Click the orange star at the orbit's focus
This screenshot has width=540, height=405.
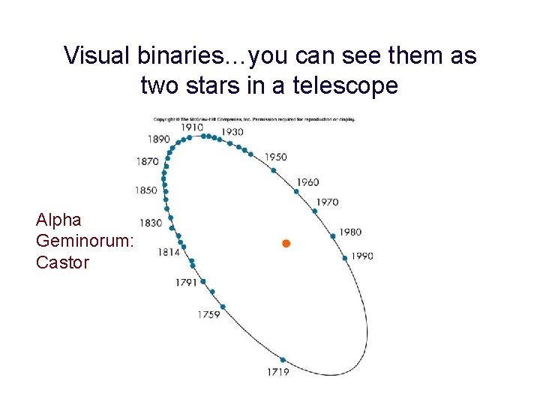(286, 243)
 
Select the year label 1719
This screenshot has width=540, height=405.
(277, 372)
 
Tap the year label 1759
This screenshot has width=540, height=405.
(208, 314)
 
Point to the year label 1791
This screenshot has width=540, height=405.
(186, 283)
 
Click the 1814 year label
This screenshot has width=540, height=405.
(169, 253)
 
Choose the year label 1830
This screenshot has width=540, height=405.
(150, 223)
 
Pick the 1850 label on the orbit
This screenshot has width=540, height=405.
(145, 190)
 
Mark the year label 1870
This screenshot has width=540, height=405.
(147, 161)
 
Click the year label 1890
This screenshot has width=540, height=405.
(158, 139)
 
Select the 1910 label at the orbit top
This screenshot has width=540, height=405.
(192, 127)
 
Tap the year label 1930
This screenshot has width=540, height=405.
(232, 132)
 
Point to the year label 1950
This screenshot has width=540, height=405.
(276, 157)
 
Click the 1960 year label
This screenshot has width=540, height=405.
(307, 182)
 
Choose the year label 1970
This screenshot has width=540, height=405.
(327, 202)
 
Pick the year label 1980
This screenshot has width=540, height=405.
(350, 232)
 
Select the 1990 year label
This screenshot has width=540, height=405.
(362, 256)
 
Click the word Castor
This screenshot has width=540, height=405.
(62, 262)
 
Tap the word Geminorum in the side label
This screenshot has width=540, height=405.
(84, 241)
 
